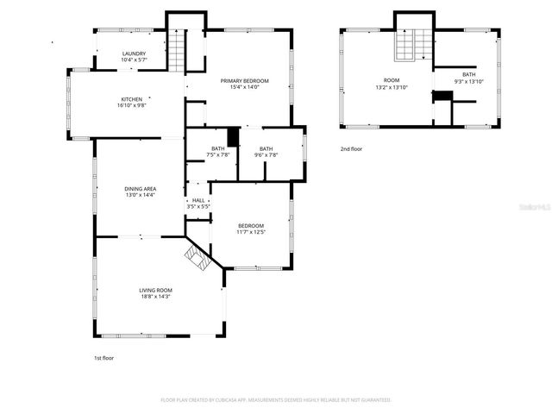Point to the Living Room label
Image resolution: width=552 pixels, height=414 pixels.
point(156,290)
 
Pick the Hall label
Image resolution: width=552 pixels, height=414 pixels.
point(198,200)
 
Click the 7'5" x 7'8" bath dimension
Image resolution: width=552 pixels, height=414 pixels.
point(217,155)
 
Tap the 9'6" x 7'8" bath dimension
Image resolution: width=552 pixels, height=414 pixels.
point(266,155)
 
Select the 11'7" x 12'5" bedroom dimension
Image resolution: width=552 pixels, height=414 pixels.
point(250,232)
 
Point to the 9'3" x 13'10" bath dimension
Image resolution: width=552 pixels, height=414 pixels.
point(468,81)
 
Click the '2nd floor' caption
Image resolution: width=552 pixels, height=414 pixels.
point(351,148)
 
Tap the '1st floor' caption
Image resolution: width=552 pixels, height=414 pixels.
point(103,357)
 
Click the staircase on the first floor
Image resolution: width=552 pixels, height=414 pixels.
point(176,48)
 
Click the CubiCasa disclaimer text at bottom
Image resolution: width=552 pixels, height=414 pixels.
point(276,400)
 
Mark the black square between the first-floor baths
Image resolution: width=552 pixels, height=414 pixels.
point(232,136)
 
